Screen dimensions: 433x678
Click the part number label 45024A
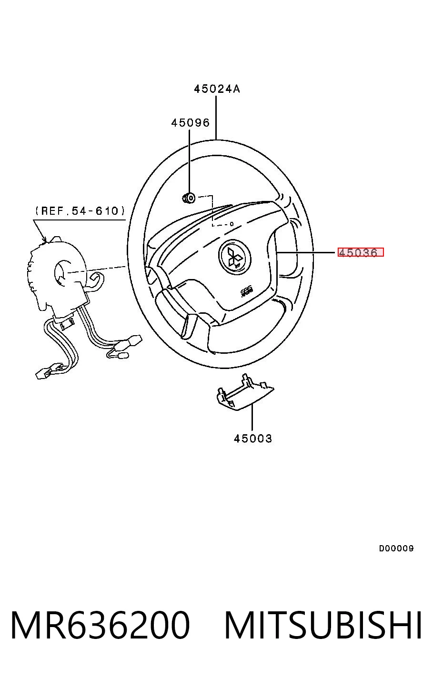click(x=217, y=89)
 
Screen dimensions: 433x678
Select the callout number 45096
click(x=191, y=122)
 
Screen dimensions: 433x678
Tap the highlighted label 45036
click(x=360, y=252)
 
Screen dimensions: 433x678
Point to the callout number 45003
click(x=253, y=439)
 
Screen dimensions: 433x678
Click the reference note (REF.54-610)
click(x=80, y=210)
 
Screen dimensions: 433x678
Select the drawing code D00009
click(x=396, y=548)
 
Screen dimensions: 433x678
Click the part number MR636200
click(x=100, y=625)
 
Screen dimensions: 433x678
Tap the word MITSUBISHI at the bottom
click(x=323, y=625)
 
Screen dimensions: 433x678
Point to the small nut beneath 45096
click(x=189, y=198)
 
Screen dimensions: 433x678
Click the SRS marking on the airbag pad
click(x=244, y=293)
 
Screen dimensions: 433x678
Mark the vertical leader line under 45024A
click(x=216, y=118)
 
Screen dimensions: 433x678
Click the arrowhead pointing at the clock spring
click(x=44, y=239)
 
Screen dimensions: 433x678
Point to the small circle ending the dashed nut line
click(x=232, y=224)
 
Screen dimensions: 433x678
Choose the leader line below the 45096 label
click(x=190, y=161)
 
